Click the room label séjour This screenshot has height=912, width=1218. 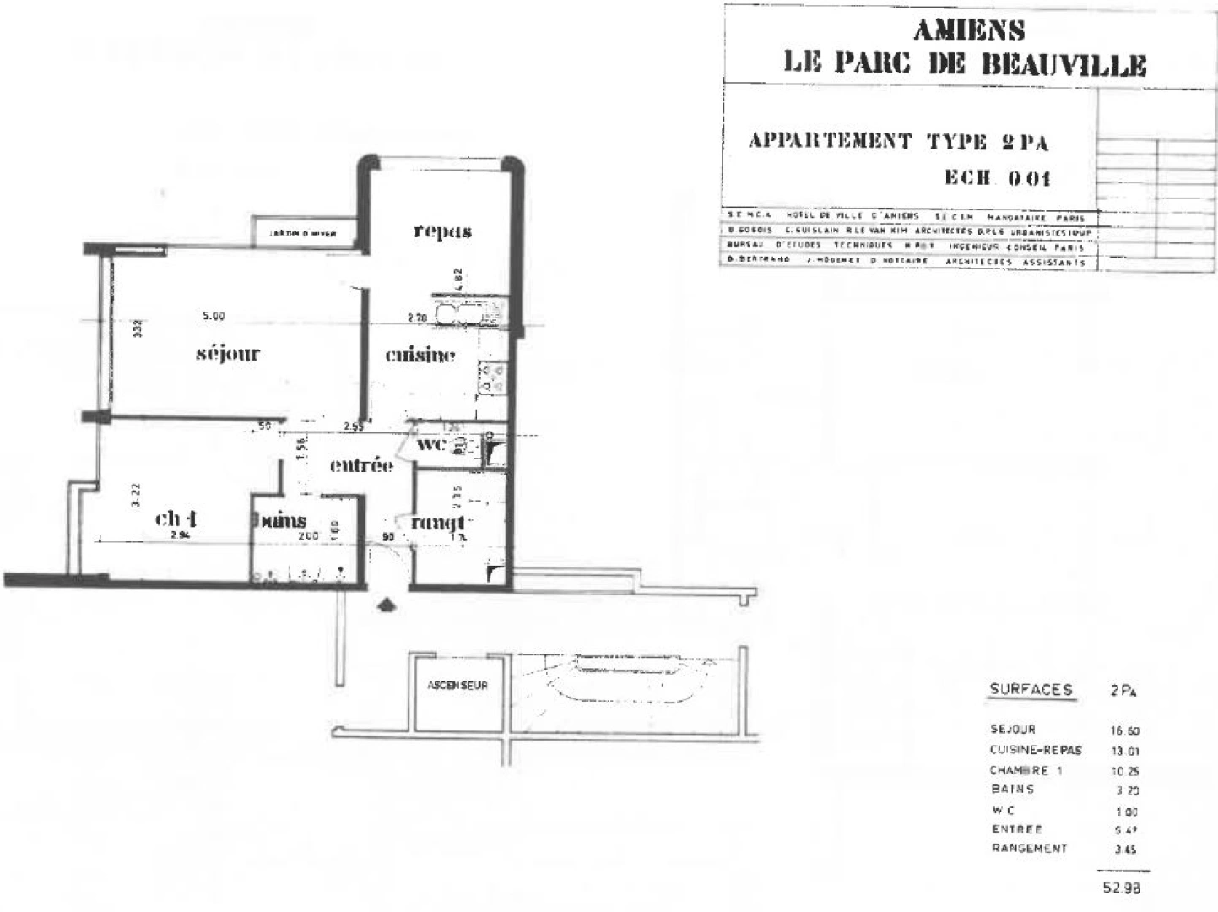click(x=227, y=354)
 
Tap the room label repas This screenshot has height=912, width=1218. click(x=442, y=231)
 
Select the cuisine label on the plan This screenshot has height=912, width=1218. click(x=420, y=356)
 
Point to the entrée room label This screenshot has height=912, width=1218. click(x=361, y=464)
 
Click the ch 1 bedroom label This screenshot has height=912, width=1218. click(x=176, y=518)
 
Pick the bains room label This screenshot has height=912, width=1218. click(x=280, y=520)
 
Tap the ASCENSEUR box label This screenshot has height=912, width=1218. click(x=457, y=686)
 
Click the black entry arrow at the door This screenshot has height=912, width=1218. click(x=387, y=605)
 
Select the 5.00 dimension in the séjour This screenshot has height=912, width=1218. click(x=214, y=317)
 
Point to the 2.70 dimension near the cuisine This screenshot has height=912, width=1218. click(x=417, y=318)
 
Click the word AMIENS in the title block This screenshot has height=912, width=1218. click(x=969, y=31)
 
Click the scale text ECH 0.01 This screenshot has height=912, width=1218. click(x=997, y=178)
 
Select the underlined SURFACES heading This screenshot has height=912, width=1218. click(x=1031, y=690)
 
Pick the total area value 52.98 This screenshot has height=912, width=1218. click(x=1121, y=888)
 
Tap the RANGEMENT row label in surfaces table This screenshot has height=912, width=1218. click(x=1029, y=849)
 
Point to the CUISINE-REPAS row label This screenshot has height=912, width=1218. click(x=1036, y=750)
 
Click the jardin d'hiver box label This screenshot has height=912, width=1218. click(x=303, y=234)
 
